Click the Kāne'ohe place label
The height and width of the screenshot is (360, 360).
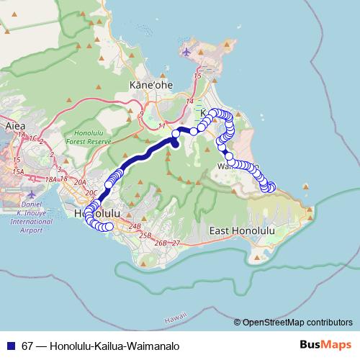coord(150,85)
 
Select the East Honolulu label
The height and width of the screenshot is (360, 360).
coord(242,230)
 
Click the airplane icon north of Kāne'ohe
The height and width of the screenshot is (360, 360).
coord(187,52)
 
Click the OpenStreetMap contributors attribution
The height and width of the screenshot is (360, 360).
coord(297,323)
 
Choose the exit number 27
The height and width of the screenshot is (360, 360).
coord(176,243)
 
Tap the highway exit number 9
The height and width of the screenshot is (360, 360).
coord(142,113)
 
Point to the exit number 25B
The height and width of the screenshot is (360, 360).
coord(145,235)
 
